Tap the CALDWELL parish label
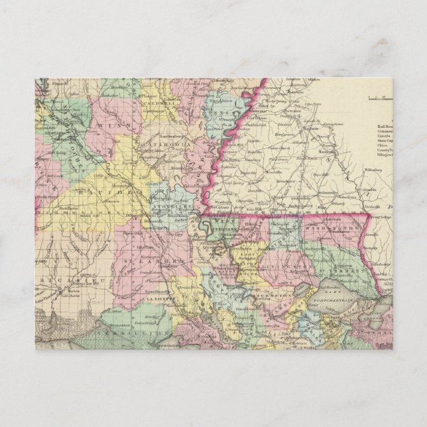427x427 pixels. pyautogui.click(x=152, y=105)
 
